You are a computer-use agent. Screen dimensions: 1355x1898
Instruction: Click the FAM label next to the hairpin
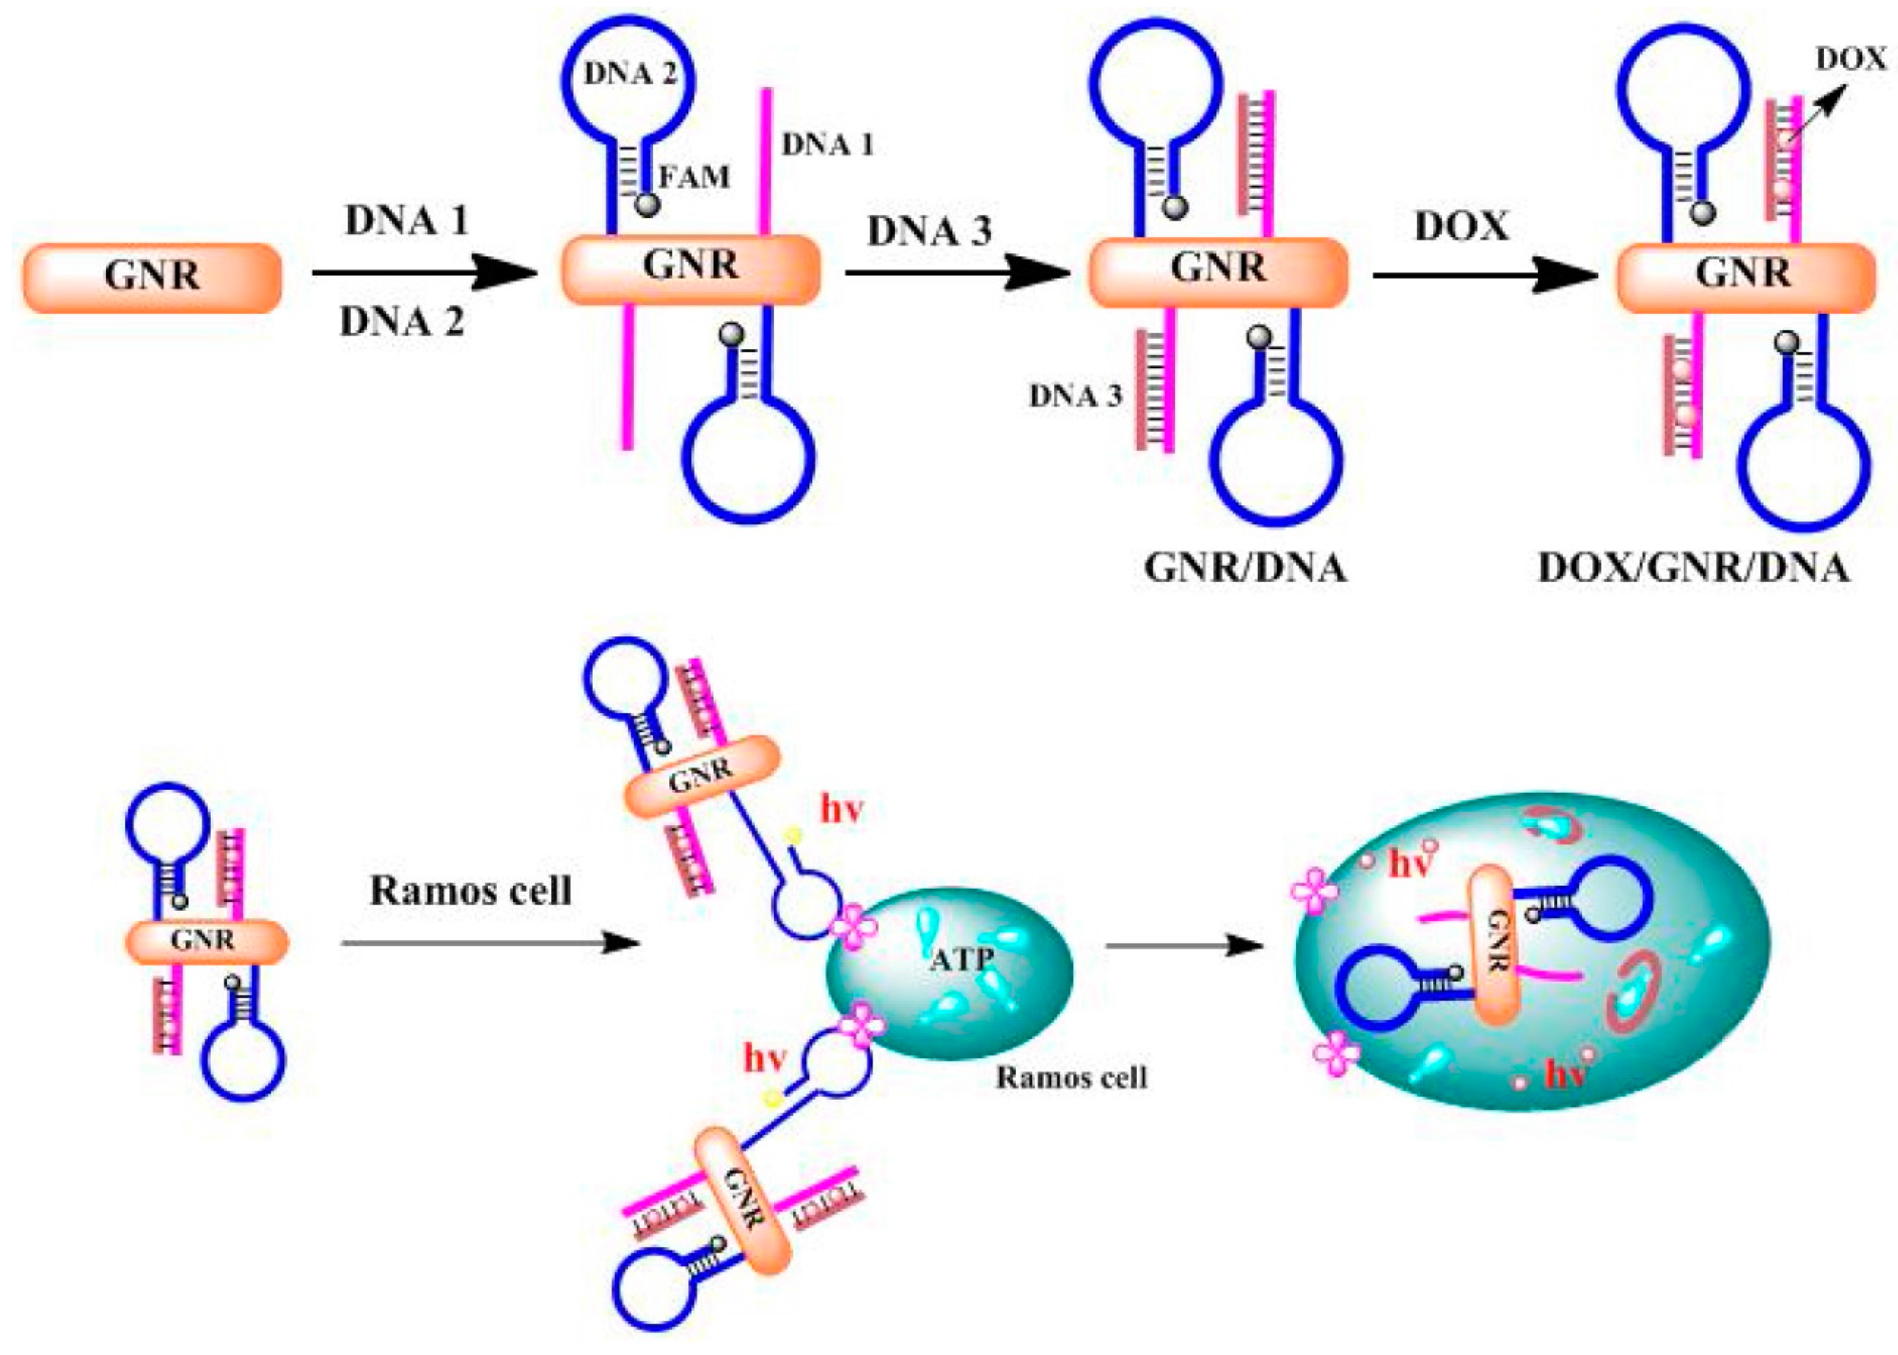(x=694, y=177)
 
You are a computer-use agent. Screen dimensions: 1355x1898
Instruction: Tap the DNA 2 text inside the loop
(x=629, y=74)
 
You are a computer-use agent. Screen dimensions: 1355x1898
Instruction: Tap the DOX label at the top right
(x=1850, y=59)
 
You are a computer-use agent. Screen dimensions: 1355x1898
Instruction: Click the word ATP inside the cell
(x=962, y=960)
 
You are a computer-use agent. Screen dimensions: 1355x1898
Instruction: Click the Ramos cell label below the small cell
(x=1072, y=1077)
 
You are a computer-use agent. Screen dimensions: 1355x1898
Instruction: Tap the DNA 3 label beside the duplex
(x=1075, y=395)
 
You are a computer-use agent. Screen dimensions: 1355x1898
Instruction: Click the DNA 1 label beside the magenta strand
(x=826, y=145)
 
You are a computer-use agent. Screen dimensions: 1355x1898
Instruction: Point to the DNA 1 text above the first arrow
(x=406, y=221)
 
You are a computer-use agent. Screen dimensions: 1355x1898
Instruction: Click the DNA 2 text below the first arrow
(x=402, y=321)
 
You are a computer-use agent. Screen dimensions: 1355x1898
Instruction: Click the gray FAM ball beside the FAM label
(x=647, y=204)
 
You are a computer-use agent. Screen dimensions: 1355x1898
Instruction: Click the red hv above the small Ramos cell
(x=841, y=810)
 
